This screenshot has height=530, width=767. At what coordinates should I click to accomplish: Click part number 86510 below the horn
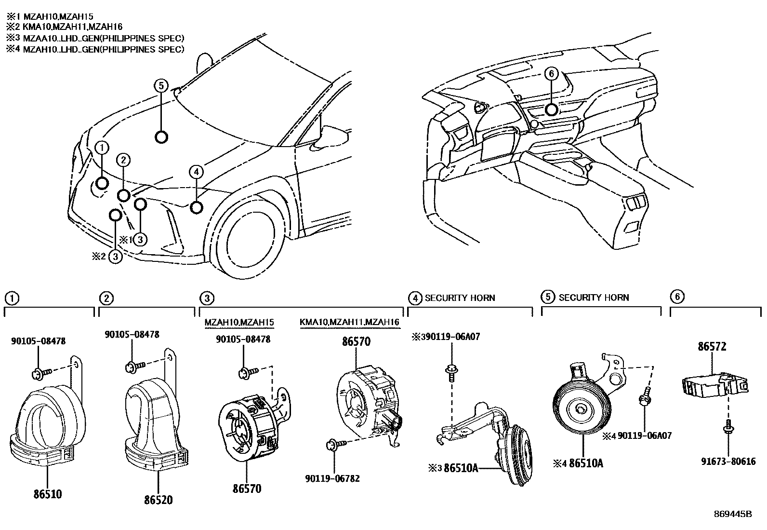(x=47, y=494)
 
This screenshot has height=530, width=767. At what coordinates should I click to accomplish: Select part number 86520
(x=158, y=500)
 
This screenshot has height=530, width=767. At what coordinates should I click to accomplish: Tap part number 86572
(x=712, y=346)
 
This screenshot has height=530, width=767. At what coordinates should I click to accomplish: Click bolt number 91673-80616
(x=728, y=462)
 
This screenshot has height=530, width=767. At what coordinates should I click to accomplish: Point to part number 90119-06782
(x=332, y=479)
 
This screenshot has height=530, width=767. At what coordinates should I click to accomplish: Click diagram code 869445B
(x=732, y=514)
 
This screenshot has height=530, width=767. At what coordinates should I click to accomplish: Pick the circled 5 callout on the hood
(x=161, y=86)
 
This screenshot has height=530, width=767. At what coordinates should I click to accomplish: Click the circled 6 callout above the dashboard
(x=552, y=74)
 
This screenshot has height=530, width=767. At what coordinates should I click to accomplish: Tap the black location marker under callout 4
(x=196, y=208)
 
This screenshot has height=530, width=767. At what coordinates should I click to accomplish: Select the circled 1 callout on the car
(x=102, y=148)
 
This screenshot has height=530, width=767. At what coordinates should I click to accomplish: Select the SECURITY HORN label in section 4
(x=460, y=298)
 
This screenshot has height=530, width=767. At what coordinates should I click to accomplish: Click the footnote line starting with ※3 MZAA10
(x=95, y=38)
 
